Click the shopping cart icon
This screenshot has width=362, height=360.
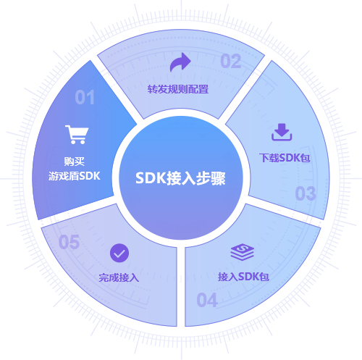77,135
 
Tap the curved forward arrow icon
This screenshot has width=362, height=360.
180,62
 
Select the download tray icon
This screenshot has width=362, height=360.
282,132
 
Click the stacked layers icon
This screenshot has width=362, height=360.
242,252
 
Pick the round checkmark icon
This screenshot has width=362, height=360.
119,253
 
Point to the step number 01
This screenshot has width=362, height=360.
85,97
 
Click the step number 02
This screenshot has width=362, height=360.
231,61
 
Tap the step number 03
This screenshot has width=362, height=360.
306,193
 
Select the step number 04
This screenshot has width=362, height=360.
207,300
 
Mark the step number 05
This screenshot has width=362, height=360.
69,242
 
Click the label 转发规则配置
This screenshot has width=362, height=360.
178,89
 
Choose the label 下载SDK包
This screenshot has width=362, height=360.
285,158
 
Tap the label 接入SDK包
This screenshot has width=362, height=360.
243,277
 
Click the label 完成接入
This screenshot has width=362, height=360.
119,277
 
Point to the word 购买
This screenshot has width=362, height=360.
75,162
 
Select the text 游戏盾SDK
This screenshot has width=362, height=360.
75,176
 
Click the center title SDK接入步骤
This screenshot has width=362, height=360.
180,178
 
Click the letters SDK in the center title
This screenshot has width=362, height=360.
151,178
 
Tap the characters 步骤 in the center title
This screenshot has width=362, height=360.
211,178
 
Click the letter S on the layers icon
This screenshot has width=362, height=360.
242,248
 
